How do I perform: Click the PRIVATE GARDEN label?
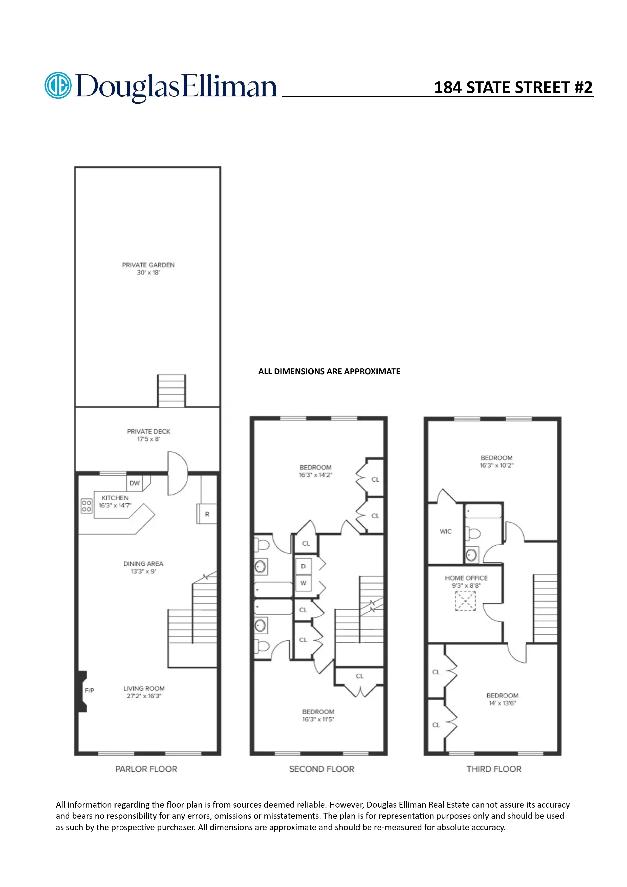tap(148, 265)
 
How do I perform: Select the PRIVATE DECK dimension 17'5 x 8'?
tap(148, 439)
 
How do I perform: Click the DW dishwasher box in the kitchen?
tap(135, 483)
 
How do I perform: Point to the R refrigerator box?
tap(207, 514)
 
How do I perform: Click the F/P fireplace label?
tap(90, 690)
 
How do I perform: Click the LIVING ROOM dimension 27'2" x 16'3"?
tap(144, 696)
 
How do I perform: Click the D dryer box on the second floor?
tap(303, 566)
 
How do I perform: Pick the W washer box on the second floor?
tap(303, 583)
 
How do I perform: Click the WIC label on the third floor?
tap(445, 531)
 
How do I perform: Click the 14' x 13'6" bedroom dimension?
tap(502, 703)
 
